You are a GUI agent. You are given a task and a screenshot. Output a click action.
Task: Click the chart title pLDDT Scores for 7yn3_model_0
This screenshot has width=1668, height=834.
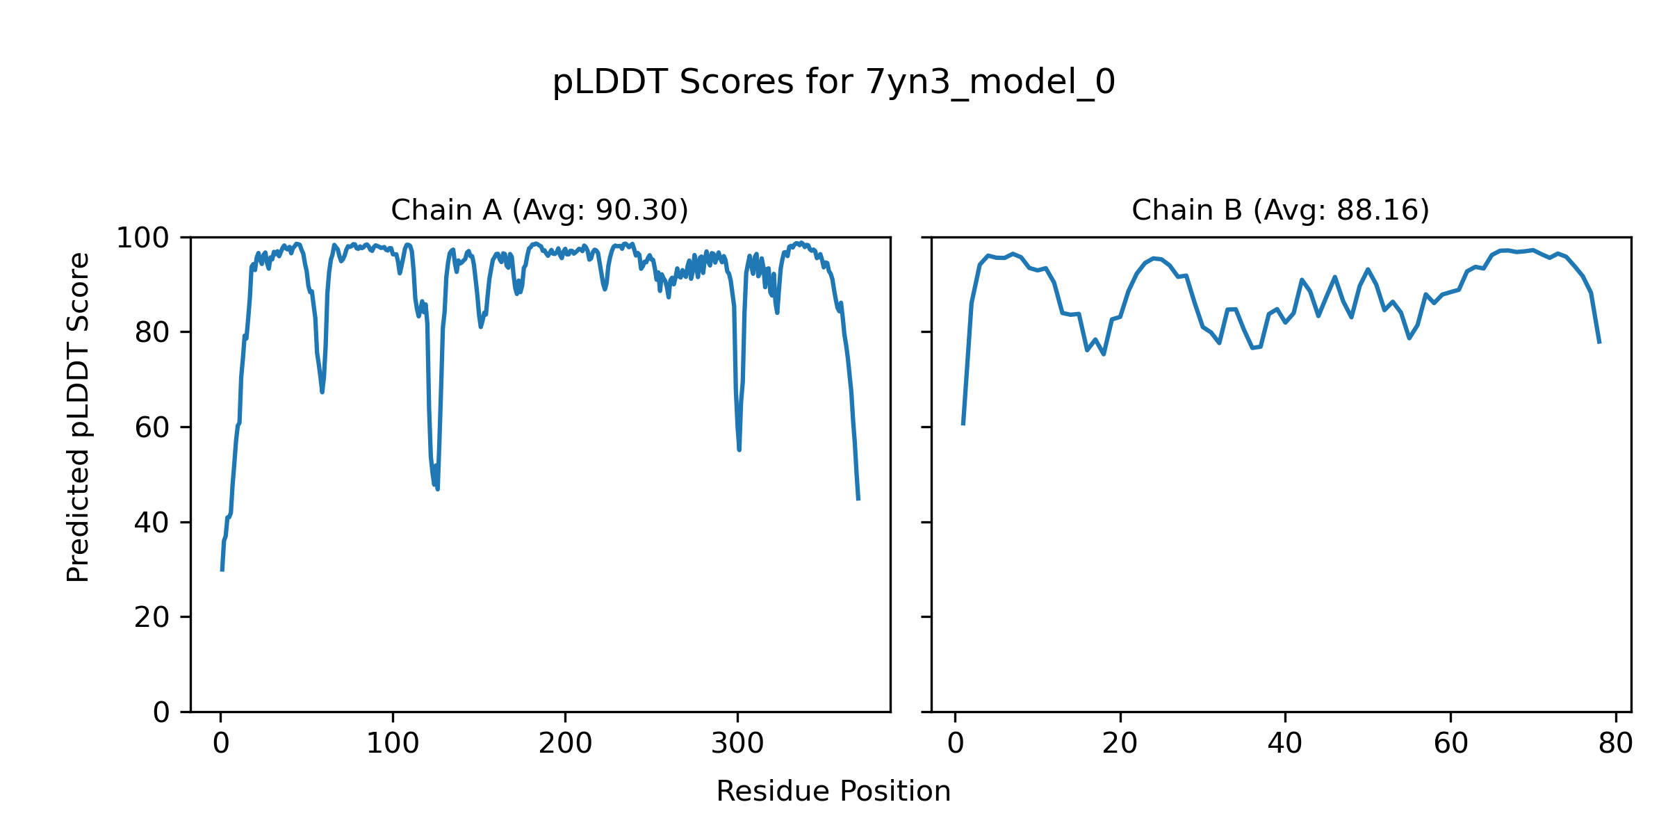(x=833, y=82)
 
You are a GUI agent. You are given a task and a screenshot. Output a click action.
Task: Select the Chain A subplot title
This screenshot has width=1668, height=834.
(x=539, y=210)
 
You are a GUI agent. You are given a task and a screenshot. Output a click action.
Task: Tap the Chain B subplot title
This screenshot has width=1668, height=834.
(x=1280, y=210)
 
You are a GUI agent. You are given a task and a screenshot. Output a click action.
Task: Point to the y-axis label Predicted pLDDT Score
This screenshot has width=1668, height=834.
(x=78, y=417)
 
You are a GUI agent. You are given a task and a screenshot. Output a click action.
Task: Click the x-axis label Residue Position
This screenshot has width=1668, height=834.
(x=833, y=791)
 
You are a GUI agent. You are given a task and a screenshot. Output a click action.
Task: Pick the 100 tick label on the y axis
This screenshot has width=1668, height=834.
(x=142, y=238)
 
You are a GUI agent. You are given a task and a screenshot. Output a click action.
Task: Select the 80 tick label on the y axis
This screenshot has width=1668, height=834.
(x=152, y=333)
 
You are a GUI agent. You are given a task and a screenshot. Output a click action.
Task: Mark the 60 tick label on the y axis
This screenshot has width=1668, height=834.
(x=152, y=427)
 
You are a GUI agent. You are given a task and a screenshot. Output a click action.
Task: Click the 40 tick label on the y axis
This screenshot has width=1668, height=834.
(x=152, y=523)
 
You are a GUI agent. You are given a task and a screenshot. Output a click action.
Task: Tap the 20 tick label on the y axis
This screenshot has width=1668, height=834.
(x=152, y=617)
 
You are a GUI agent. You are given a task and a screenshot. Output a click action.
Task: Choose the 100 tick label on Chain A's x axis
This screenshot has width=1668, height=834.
(x=393, y=744)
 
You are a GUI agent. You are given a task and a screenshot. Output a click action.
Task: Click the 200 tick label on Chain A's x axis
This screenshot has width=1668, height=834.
(x=565, y=744)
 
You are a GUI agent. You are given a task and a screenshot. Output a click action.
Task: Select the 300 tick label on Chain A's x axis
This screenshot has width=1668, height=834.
(x=737, y=744)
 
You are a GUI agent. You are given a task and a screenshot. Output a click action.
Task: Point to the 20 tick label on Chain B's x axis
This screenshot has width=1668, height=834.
(x=1120, y=744)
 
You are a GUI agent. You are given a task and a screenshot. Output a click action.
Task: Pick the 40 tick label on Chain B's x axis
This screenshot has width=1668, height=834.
(x=1285, y=744)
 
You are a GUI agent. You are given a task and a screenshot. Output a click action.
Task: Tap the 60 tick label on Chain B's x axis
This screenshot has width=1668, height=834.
(x=1450, y=744)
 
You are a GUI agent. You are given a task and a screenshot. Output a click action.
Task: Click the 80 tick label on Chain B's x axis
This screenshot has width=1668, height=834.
(x=1615, y=744)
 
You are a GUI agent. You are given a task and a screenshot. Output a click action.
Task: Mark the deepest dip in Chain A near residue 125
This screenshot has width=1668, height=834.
(x=437, y=489)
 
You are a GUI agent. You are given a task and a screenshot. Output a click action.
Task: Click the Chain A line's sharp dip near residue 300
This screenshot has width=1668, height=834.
(x=739, y=449)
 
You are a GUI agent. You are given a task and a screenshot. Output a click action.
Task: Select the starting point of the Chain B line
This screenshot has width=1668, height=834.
(x=963, y=423)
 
